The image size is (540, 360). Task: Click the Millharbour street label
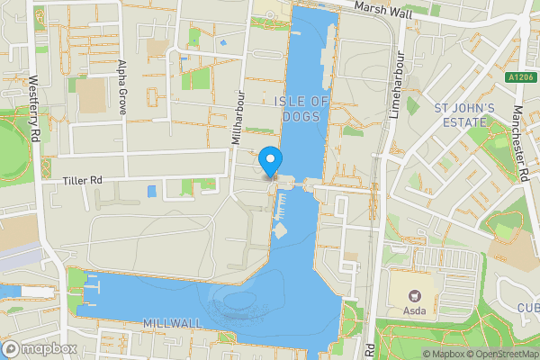[238, 117]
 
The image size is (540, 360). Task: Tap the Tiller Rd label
[83, 181]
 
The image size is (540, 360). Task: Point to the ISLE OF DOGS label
[301, 108]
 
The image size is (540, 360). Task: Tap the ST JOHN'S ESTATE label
[465, 116]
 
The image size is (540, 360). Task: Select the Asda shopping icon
[415, 295]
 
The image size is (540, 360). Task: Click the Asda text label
[415, 312]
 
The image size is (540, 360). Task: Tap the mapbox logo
[38, 347]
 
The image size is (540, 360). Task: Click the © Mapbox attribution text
[444, 354]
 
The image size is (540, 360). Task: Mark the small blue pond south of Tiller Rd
[150, 191]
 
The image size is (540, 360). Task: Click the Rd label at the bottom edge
[370, 347]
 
